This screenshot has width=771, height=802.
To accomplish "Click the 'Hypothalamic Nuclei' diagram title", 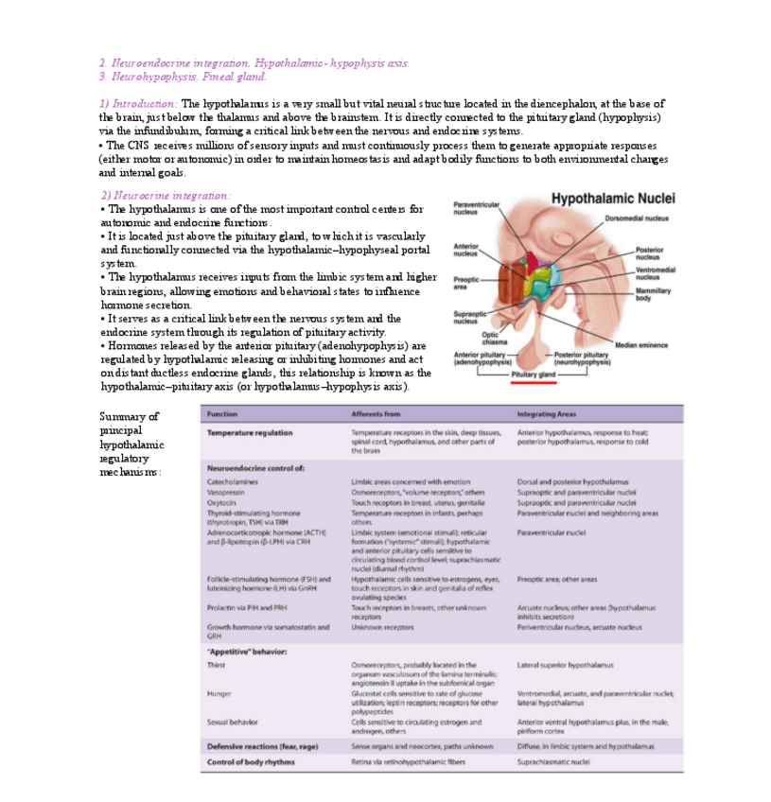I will tap(612, 200).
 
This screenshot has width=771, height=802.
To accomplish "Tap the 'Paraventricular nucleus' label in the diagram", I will tap(477, 207).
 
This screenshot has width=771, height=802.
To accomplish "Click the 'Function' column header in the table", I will tap(222, 414).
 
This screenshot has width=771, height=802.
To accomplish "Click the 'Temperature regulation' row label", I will tap(250, 432).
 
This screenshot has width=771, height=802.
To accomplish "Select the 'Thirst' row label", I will tap(217, 665).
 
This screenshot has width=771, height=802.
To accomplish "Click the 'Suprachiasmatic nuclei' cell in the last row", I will tap(553, 760).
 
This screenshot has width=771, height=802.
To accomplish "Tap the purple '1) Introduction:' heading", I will tap(137, 103).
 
